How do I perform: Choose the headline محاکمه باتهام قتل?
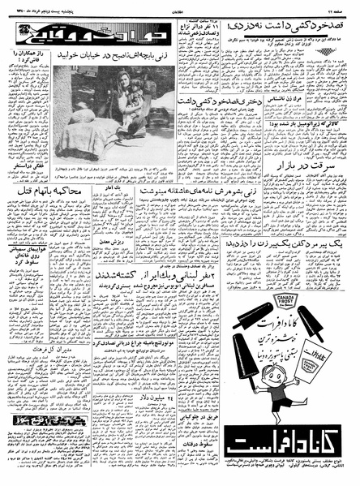click(45, 191)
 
